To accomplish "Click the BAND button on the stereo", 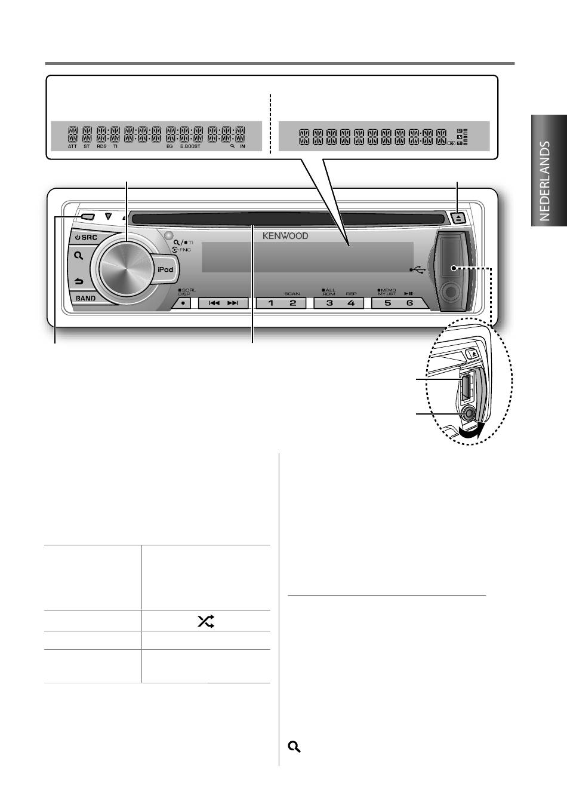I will coord(86,298).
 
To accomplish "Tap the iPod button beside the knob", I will coord(165,269).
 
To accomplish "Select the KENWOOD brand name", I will coord(285,236).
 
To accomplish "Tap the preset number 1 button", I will coord(270,303).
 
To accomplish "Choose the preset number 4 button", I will coord(351,303).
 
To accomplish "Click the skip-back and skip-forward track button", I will coord(223,303).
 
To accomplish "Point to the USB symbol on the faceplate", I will coord(418,270).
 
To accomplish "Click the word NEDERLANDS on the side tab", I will coord(544,181).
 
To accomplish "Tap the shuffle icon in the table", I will coord(205,621).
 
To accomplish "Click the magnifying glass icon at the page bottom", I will coord(294,747).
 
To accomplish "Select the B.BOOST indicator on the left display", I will coord(190,146).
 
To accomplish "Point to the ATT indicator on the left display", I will coord(72,146).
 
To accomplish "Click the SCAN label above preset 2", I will coord(292,294).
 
